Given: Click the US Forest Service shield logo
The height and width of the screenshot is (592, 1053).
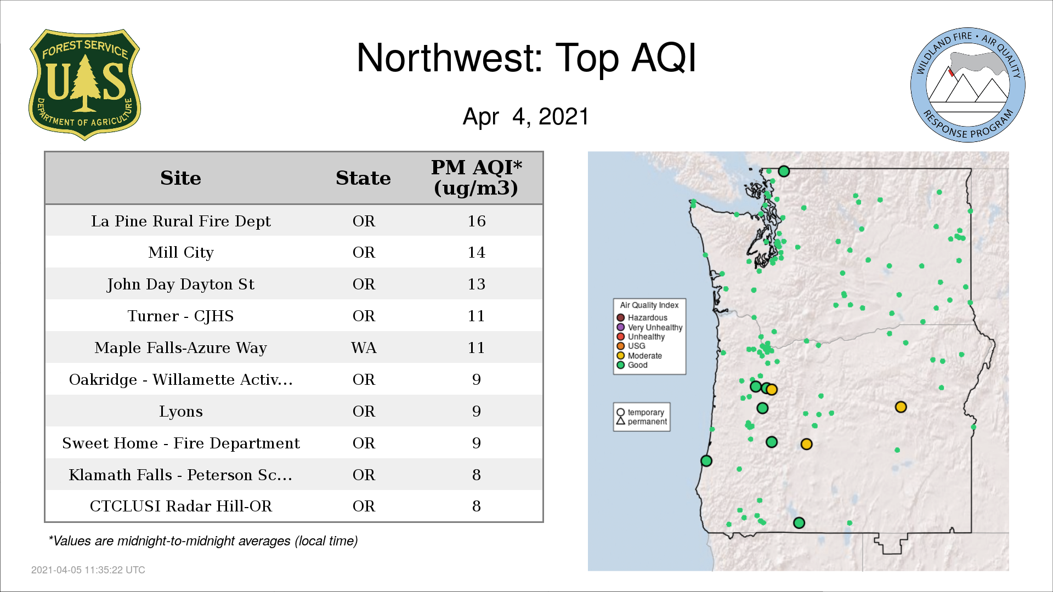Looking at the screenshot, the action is tap(84, 85).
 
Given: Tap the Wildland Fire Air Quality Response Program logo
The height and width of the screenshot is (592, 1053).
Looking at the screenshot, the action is tap(967, 85).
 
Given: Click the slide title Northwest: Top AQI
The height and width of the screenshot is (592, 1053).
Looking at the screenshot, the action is tap(526, 58).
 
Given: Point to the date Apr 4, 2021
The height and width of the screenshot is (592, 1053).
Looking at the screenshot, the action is tap(525, 116).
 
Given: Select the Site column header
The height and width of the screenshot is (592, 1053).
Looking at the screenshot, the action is tap(180, 178).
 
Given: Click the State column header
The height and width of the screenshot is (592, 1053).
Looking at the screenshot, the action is tap(363, 178).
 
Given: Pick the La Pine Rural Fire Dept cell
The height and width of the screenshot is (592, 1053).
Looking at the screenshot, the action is tap(181, 221).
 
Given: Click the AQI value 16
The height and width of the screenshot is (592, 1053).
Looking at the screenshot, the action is tap(477, 221).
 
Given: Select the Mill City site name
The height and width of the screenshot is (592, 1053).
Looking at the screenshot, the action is tap(181, 252).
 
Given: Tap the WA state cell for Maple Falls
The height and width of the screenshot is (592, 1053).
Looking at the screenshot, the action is tap(364, 348).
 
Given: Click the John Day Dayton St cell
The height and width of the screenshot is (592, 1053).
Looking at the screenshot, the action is tap(180, 284).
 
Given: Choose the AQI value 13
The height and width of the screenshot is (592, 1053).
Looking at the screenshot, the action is tap(477, 284).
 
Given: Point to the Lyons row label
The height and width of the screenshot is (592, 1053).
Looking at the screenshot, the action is tap(181, 411).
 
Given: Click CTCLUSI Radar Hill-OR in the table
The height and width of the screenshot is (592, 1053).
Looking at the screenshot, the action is tap(181, 506).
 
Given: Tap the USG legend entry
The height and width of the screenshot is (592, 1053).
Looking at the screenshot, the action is tap(631, 346).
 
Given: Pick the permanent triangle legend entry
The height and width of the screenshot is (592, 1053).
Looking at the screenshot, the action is tap(642, 422).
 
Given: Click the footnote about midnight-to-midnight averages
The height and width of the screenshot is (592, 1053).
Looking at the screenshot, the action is tap(203, 541).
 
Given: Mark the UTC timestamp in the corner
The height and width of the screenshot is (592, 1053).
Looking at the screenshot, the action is tap(88, 570).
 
